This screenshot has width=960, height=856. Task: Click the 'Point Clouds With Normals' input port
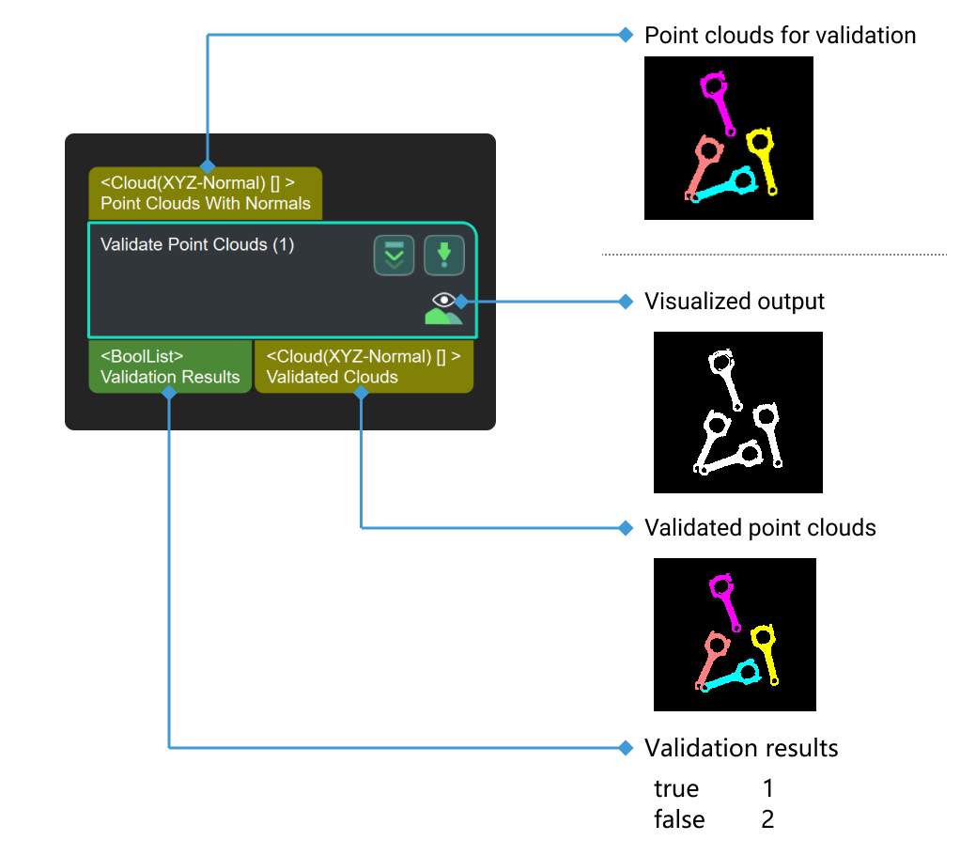[x=206, y=194]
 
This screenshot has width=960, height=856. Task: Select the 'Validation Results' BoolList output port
[x=170, y=366]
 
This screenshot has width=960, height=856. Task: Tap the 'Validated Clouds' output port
[x=364, y=366]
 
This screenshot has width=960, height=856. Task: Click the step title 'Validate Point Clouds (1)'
[x=197, y=245]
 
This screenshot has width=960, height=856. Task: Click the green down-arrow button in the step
[x=443, y=256]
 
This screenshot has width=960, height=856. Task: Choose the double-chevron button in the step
[x=394, y=256]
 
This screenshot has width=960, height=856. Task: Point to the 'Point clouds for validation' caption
[x=780, y=36]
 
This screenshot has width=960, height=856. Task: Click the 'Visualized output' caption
[x=734, y=302]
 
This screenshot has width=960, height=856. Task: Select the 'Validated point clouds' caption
[x=760, y=528]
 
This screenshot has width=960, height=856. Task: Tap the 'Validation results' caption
[x=741, y=748]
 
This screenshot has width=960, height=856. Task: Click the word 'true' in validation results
[x=676, y=787]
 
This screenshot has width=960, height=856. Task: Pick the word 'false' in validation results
[x=679, y=819]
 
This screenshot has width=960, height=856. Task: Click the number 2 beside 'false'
[x=767, y=819]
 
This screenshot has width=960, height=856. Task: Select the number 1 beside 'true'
[x=767, y=787]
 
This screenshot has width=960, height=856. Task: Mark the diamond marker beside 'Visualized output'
[x=627, y=302]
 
